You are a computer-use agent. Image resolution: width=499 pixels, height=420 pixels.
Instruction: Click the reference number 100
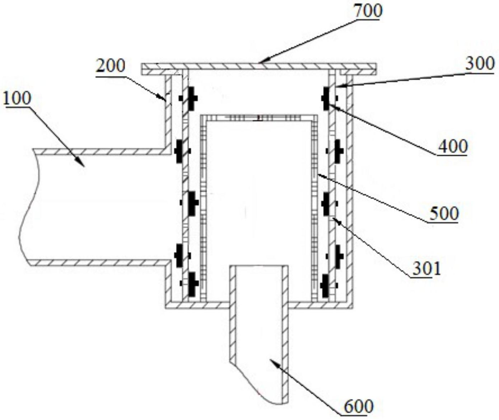(17, 98)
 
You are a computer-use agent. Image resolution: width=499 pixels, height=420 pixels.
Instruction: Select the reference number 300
(480, 64)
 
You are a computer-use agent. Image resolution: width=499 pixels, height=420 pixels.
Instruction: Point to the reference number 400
(452, 146)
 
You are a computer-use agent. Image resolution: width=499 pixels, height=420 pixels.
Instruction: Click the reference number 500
(444, 214)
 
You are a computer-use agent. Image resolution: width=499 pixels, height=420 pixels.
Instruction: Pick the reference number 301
(426, 268)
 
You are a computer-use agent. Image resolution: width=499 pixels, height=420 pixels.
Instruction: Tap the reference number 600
(358, 407)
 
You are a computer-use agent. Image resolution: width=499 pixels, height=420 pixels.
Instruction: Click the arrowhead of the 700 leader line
(261, 62)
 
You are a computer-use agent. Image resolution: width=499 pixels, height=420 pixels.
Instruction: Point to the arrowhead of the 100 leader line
(83, 166)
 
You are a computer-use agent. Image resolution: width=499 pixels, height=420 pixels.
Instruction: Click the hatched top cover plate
(258, 66)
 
